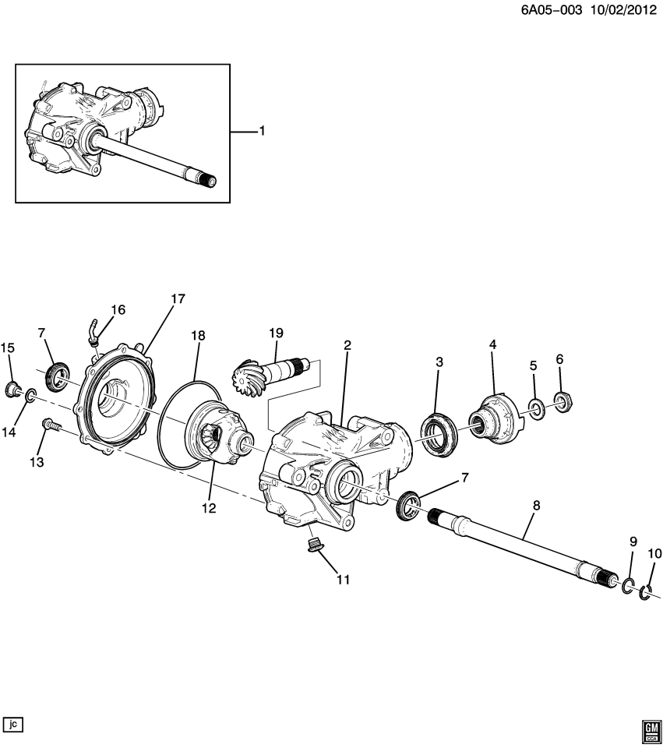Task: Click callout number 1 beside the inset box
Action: (x=263, y=132)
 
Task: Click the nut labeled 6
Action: (x=560, y=401)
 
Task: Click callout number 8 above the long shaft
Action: (x=536, y=506)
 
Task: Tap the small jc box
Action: (x=12, y=724)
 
